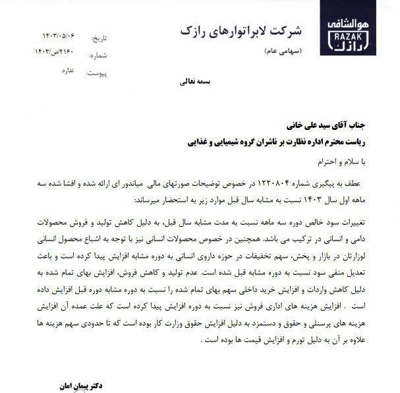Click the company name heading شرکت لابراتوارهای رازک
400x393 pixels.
[239, 30]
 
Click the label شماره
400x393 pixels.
[97, 56]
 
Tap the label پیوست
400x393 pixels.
[96, 73]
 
